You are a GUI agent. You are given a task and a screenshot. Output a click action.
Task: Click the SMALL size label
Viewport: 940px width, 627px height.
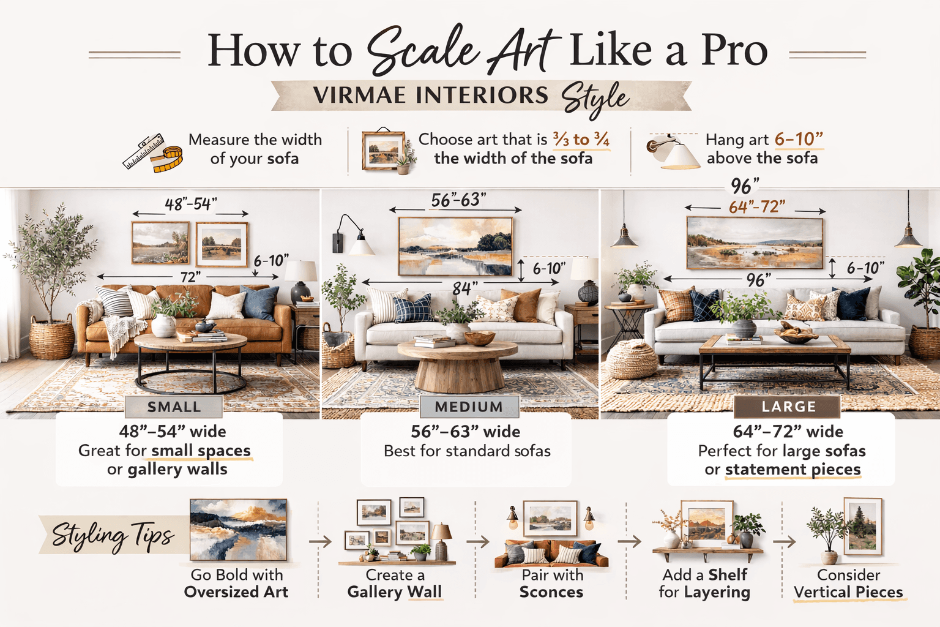(174, 407)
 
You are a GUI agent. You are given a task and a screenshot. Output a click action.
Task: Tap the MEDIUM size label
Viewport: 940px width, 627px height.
(469, 407)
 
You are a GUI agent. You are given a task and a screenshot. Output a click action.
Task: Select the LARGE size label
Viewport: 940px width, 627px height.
(788, 407)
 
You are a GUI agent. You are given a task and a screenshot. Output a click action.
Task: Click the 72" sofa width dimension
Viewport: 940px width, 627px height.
(190, 277)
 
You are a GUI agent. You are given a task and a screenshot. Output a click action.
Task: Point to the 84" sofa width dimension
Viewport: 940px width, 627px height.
(464, 288)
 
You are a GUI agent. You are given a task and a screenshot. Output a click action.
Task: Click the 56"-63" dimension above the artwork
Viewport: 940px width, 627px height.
(458, 200)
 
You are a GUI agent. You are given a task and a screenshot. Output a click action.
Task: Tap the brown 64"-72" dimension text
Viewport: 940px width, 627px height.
(757, 207)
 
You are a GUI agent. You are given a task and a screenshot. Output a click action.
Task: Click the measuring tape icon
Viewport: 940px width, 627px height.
(153, 152)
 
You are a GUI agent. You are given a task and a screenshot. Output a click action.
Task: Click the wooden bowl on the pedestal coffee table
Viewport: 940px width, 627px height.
(479, 338)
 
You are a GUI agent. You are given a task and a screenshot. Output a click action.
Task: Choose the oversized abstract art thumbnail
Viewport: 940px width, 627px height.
(238, 530)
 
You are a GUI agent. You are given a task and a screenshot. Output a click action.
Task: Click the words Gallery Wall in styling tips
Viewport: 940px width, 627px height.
(394, 592)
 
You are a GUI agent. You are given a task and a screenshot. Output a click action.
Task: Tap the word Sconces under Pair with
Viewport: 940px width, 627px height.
(551, 592)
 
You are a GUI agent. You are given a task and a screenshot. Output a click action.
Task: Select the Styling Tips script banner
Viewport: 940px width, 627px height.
(113, 535)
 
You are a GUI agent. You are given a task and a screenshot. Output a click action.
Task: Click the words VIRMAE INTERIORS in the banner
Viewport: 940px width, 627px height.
(431, 96)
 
